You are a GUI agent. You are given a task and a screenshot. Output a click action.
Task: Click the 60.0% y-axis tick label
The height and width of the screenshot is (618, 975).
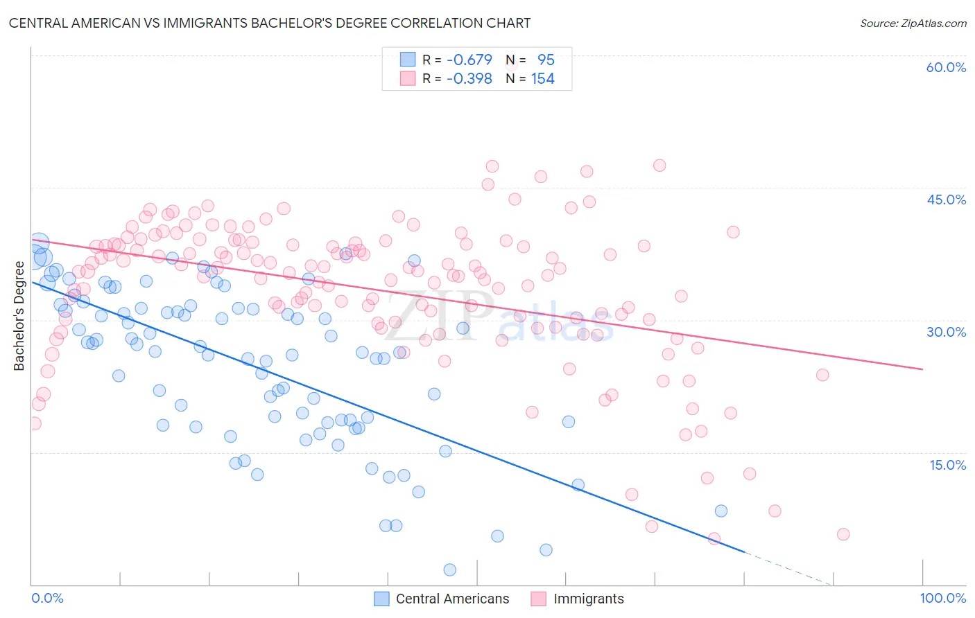(946, 67)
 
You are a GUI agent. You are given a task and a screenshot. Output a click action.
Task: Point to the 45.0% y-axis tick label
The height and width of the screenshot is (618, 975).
(946, 200)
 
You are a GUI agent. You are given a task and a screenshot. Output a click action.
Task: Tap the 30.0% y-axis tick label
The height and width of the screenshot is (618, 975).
(946, 332)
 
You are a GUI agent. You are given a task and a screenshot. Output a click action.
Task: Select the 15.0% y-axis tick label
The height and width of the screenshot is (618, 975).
(947, 465)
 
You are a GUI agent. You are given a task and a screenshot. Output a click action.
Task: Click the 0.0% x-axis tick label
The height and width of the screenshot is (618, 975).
(47, 598)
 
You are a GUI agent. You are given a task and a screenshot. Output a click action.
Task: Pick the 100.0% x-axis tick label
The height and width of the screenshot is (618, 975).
(942, 598)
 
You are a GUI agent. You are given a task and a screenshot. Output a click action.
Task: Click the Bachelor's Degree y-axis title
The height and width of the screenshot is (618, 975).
(19, 316)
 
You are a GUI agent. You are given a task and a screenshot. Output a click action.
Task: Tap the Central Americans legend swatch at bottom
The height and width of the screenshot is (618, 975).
(381, 599)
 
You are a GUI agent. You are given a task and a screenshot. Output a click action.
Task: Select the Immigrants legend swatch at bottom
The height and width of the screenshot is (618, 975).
(539, 599)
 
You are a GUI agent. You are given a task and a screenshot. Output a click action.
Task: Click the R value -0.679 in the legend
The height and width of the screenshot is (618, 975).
(469, 60)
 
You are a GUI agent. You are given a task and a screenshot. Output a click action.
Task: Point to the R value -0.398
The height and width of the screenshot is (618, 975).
(469, 79)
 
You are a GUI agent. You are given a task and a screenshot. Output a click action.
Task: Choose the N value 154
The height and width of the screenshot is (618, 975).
(542, 79)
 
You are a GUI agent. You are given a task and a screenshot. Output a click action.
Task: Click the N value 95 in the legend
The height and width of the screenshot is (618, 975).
(546, 60)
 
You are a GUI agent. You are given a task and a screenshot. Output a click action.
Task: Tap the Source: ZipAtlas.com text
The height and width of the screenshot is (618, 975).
(913, 23)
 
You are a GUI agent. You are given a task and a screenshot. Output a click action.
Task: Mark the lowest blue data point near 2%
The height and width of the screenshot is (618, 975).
(449, 570)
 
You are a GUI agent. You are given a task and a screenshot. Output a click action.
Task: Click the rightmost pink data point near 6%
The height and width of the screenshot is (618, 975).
(843, 534)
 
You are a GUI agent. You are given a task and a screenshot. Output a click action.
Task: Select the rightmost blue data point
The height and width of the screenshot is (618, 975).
(721, 511)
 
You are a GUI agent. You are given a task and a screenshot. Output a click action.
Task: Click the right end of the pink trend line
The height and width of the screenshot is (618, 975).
(922, 369)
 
